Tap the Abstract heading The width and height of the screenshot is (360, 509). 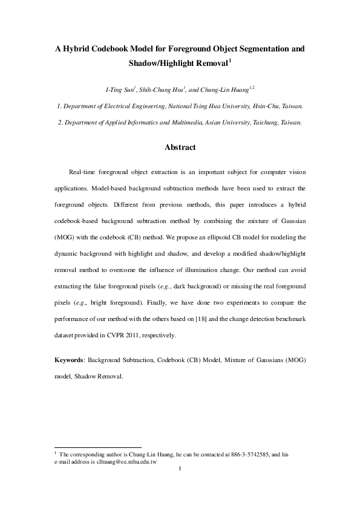click(x=180, y=147)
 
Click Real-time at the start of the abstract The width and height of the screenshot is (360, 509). click(x=84, y=172)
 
